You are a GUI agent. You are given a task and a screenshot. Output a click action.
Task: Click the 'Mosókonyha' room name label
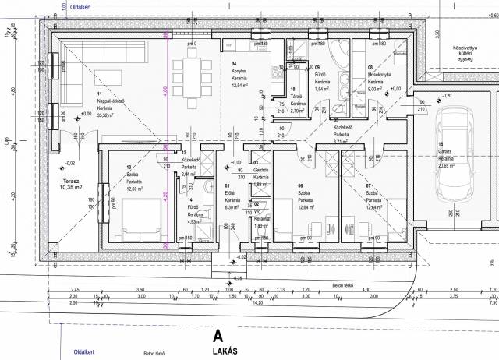pyautogui.click(x=379, y=76)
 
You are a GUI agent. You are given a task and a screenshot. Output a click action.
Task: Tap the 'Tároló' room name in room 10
pyautogui.click(x=296, y=97)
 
